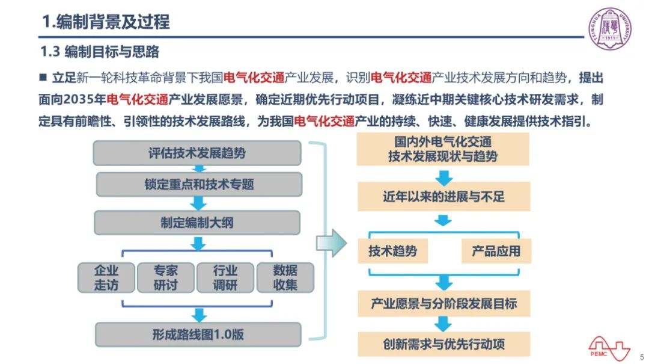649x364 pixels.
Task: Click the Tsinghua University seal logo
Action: [x=610, y=28]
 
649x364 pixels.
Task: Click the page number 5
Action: [x=642, y=357]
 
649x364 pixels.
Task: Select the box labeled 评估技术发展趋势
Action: [x=197, y=153]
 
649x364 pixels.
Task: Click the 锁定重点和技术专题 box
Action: [x=199, y=184]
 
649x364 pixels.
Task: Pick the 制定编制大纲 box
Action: [x=197, y=223]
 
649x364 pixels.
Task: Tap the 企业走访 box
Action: [x=106, y=278]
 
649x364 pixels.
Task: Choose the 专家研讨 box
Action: [x=166, y=278]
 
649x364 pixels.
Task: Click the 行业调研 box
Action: [x=225, y=278]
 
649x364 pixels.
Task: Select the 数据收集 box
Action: [x=285, y=278]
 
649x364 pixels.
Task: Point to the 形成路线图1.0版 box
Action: [x=198, y=335]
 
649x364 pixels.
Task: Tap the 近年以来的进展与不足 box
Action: [x=443, y=197]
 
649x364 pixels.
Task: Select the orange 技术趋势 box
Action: [x=392, y=251]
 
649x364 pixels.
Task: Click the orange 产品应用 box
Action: [x=496, y=251]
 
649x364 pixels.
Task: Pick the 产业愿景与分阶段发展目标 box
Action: [x=443, y=304]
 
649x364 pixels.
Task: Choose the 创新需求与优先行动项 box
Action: [x=443, y=344]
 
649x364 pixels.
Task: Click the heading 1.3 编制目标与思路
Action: [x=100, y=52]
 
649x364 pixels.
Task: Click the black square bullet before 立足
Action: [x=43, y=77]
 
